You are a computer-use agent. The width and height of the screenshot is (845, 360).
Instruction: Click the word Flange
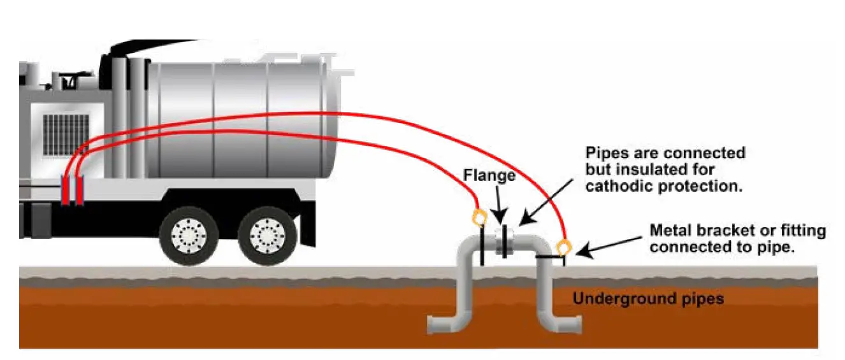point(489,175)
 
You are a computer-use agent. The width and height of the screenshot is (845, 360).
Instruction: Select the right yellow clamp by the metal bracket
point(563,246)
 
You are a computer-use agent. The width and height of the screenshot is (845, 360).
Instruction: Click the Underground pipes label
point(648,298)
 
